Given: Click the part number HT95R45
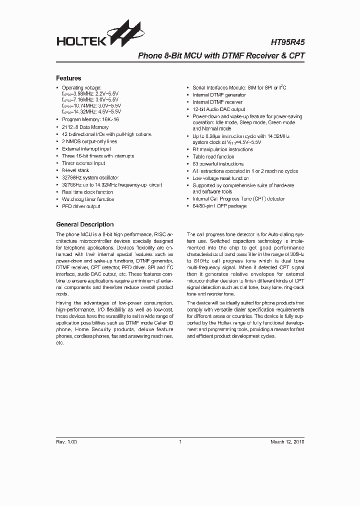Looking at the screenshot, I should click(x=287, y=44).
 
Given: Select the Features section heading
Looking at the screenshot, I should click(x=68, y=78).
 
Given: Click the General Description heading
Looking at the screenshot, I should click(x=84, y=224).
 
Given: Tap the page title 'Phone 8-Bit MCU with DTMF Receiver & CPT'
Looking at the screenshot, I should click(x=220, y=57).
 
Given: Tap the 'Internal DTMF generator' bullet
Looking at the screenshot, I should click(x=219, y=95).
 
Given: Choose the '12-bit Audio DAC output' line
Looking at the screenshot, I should click(x=218, y=109).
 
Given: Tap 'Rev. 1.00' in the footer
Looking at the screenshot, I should click(x=66, y=441).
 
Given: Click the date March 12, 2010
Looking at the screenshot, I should click(x=287, y=441).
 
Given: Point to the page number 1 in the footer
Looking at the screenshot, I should click(x=180, y=441).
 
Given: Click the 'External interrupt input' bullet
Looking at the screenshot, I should click(x=86, y=149).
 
